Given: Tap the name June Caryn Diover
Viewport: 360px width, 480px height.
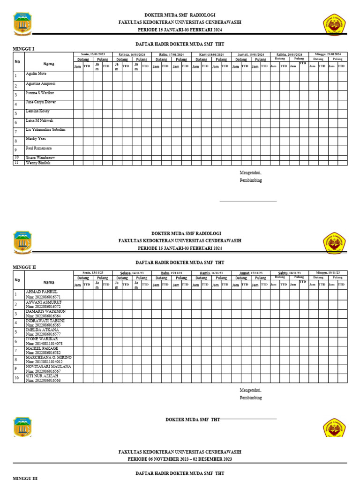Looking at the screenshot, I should tap(40, 102).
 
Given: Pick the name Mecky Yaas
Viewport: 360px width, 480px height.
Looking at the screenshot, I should tap(36, 139).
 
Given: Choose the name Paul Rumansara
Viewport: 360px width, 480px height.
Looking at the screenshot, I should tap(39, 148).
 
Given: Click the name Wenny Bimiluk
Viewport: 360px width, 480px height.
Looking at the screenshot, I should tap(38, 163).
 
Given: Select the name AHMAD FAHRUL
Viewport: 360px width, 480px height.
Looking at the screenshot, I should tap(41, 292).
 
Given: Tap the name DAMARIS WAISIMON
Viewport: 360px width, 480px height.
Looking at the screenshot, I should tap(45, 311).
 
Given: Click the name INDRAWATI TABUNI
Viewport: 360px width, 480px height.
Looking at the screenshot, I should tap(45, 321).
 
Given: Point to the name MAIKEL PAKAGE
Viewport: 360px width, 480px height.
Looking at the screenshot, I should tap(42, 349).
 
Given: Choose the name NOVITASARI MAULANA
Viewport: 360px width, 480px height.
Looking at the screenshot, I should tap(48, 367).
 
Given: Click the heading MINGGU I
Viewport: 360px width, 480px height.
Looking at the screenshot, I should tap(23, 49).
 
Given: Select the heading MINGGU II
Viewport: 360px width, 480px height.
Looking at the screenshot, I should tap(24, 267).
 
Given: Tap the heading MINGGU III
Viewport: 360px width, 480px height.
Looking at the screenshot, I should tap(24, 478).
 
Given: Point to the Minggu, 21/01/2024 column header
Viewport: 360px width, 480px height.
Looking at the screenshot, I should tap(328, 54).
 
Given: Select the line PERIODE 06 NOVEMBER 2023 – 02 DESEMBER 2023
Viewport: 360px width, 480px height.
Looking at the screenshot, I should tap(180, 459).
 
